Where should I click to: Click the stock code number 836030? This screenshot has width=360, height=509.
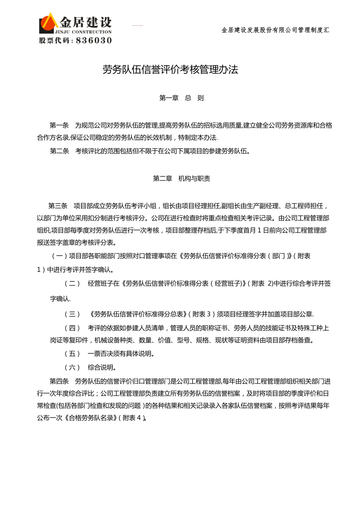pyautogui.click(x=94, y=40)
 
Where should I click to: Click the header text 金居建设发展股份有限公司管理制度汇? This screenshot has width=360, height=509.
pyautogui.click(x=275, y=30)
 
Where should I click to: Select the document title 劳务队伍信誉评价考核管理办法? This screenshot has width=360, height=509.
pyautogui.click(x=170, y=70)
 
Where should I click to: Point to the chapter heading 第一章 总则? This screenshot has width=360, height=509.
pyautogui.click(x=182, y=98)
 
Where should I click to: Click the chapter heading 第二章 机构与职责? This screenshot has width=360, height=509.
pyautogui.click(x=182, y=179)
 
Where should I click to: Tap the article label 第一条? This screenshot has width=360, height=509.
pyautogui.click(x=59, y=125)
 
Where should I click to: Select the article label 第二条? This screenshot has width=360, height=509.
pyautogui.click(x=59, y=151)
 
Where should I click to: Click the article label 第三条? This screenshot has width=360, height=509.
pyautogui.click(x=58, y=206)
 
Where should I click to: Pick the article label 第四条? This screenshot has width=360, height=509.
pyautogui.click(x=59, y=381)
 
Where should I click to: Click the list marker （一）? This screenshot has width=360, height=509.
pyautogui.click(x=59, y=256)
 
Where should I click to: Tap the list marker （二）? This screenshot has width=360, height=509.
pyautogui.click(x=72, y=283)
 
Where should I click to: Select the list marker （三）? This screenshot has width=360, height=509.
pyautogui.click(x=72, y=314)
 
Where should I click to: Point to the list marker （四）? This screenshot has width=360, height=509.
pyautogui.click(x=72, y=328)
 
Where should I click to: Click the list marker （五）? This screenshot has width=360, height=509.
pyautogui.click(x=72, y=354)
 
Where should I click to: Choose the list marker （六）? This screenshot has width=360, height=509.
pyautogui.click(x=72, y=367)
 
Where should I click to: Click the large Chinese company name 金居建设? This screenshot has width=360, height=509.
pyautogui.click(x=85, y=22)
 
